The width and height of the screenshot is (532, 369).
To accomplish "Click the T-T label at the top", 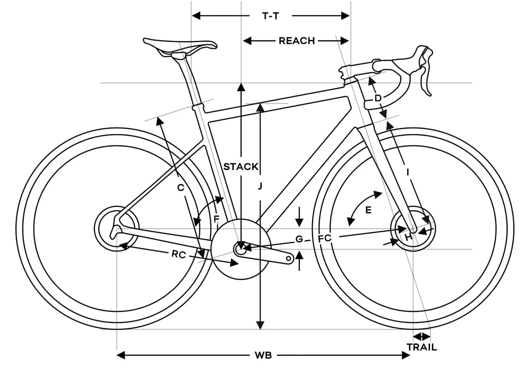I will (x=270, y=16).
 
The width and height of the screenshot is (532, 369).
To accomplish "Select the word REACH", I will (x=297, y=41).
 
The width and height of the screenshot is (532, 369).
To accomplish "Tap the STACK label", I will (x=241, y=167).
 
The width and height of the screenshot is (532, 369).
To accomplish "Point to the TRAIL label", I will (x=422, y=347).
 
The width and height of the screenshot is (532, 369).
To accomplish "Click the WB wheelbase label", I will (x=263, y=355).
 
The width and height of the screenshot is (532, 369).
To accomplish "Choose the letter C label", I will (x=180, y=188).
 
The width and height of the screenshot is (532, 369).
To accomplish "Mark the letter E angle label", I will (x=368, y=211).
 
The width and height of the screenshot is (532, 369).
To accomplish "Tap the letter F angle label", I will (x=216, y=219).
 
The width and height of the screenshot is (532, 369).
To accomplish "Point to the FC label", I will (x=325, y=238).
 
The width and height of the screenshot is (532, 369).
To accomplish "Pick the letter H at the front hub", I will (x=408, y=238).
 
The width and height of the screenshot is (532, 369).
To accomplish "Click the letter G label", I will (x=299, y=239).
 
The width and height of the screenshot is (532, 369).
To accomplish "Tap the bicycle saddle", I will (x=180, y=46).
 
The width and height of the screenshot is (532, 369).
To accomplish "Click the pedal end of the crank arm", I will (x=288, y=258).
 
